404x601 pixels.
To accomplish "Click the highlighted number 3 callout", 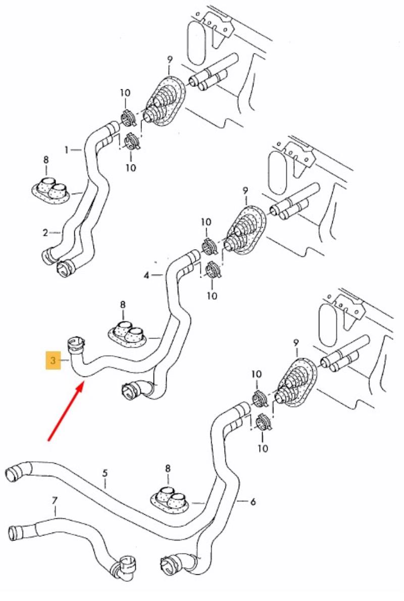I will tap(53, 360).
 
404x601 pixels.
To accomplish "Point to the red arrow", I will tap(66, 411).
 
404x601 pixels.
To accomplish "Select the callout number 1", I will tap(66, 149).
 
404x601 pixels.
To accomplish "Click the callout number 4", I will tap(146, 276).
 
